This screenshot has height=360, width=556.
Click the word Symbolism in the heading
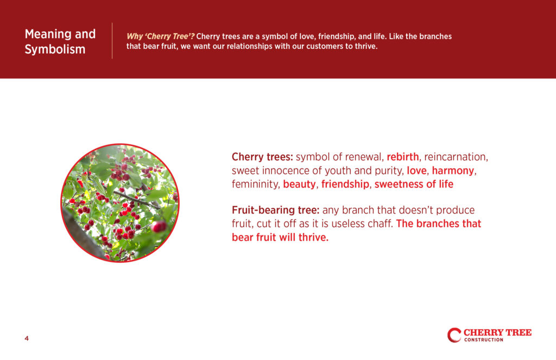[55, 49]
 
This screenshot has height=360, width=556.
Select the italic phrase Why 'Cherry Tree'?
[160, 36]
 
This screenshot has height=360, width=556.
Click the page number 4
[27, 338]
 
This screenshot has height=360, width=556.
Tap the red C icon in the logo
[454, 335]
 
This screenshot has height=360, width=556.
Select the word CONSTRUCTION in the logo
[484, 340]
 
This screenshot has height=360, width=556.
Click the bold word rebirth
[402, 157]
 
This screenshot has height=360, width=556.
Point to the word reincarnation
[456, 157]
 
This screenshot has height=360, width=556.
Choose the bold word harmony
[453, 170]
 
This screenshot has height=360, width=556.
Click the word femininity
[256, 185]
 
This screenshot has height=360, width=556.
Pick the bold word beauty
[299, 185]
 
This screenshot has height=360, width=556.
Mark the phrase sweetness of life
[414, 184]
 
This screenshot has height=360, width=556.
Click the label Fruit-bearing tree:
[275, 210]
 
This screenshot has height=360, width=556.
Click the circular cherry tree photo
[120, 203]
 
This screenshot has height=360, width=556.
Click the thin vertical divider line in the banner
[112, 41]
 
